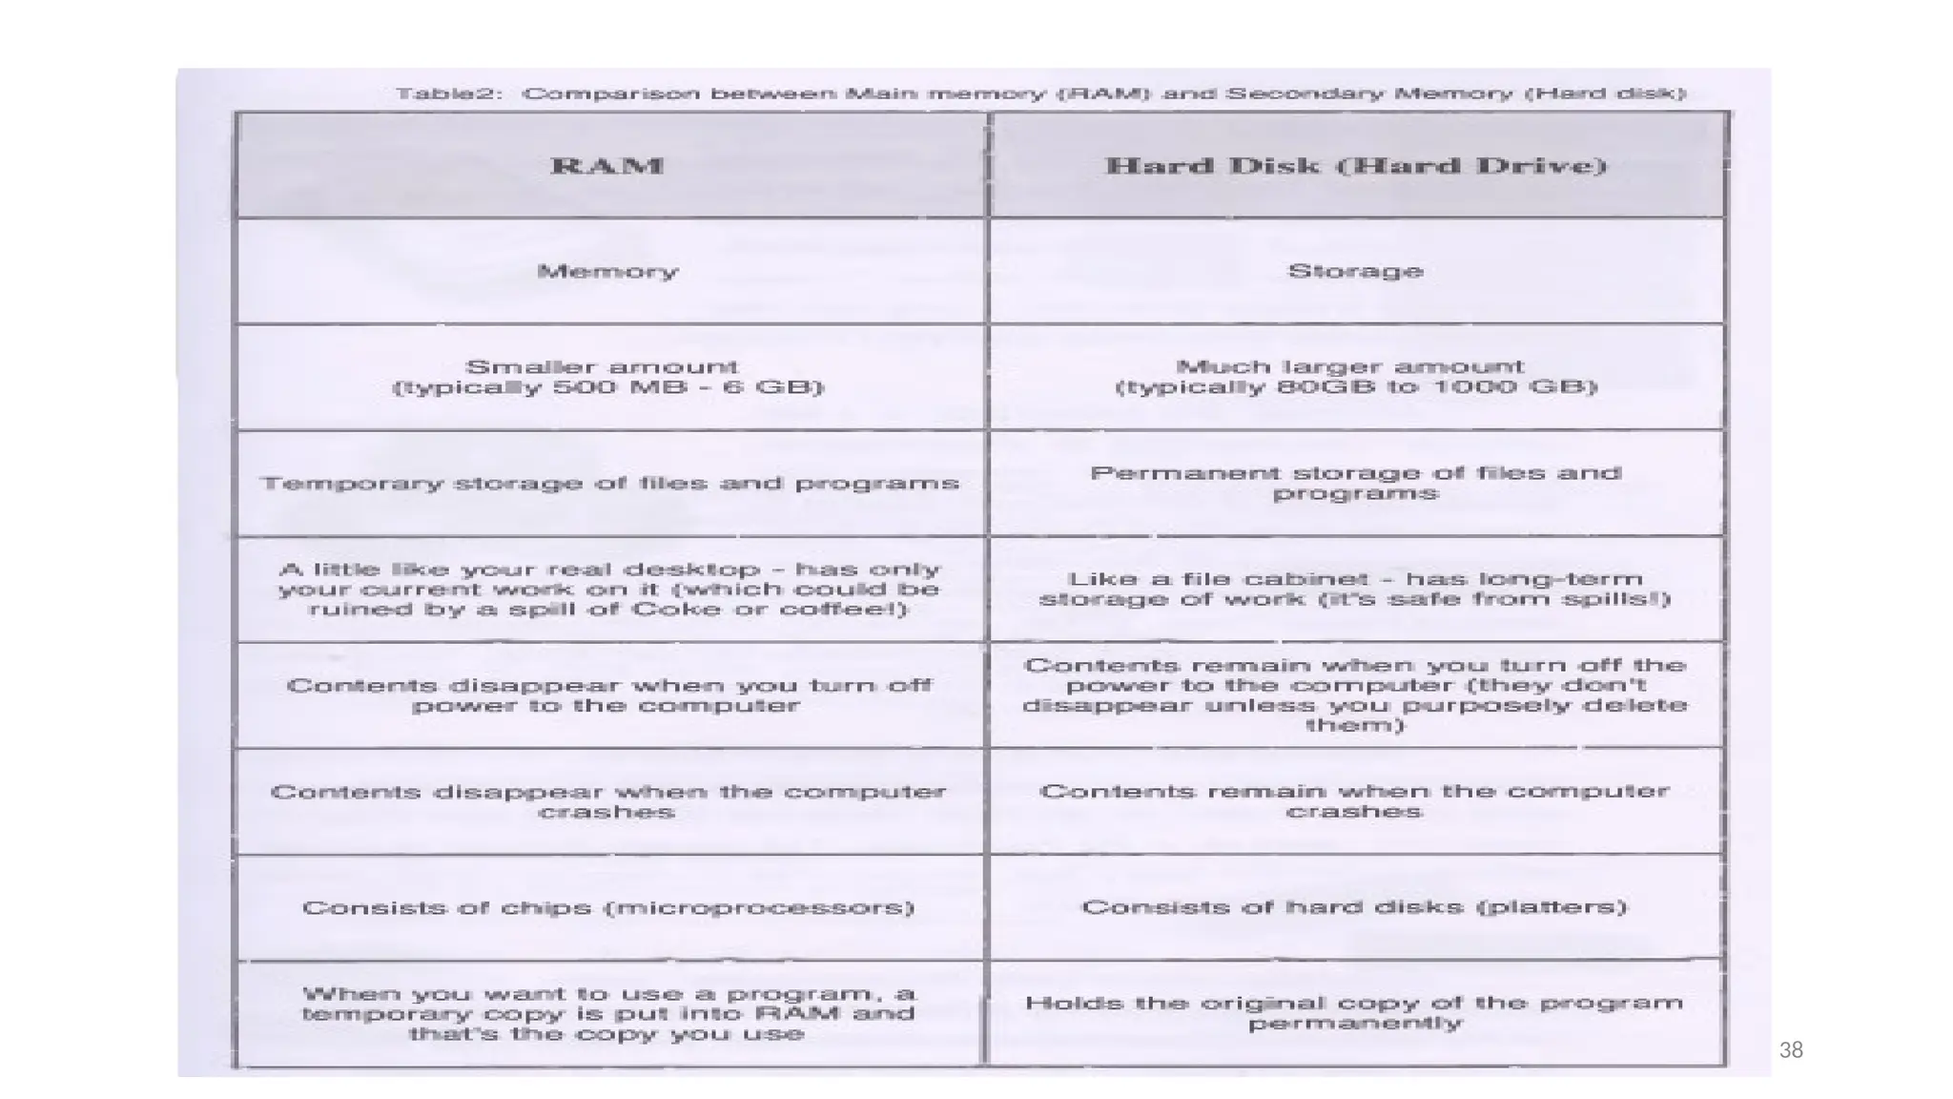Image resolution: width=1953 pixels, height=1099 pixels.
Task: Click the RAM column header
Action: pyautogui.click(x=607, y=166)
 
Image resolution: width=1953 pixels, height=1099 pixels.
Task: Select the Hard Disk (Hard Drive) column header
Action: pyautogui.click(x=1355, y=166)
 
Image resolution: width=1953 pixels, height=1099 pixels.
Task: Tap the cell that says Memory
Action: pyautogui.click(x=607, y=272)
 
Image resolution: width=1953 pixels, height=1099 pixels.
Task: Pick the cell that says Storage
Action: pyautogui.click(x=1355, y=272)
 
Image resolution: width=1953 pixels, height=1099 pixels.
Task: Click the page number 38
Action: pyautogui.click(x=1791, y=1050)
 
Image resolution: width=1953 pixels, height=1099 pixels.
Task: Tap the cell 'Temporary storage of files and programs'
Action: pyautogui.click(x=609, y=484)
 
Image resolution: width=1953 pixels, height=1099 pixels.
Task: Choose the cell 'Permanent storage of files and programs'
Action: pyautogui.click(x=1355, y=484)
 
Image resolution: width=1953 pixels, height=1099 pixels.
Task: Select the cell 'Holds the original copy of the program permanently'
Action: pyautogui.click(x=1355, y=1013)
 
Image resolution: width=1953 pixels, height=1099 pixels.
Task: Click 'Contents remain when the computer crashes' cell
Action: pyautogui.click(x=1355, y=801)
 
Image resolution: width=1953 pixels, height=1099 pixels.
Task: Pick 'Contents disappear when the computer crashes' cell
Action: pyautogui.click(x=607, y=802)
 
